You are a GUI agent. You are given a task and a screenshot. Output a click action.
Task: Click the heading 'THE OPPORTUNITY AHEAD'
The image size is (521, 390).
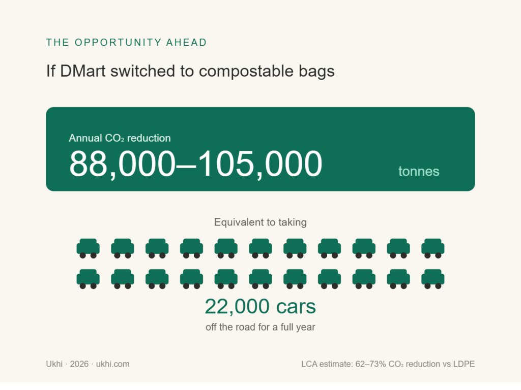(x=126, y=43)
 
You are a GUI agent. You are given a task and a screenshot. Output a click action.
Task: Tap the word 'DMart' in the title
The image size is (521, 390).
(x=83, y=71)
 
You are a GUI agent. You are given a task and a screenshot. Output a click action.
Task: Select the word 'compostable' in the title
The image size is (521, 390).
(x=246, y=72)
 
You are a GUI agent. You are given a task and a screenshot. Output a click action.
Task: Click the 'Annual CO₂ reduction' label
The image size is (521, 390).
(x=120, y=138)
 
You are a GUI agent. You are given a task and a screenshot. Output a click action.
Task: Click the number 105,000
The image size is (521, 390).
(x=259, y=164)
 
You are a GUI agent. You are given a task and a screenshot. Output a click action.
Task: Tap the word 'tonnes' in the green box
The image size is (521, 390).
(x=419, y=172)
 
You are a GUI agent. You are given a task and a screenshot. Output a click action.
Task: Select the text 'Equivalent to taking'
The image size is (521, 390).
(x=260, y=222)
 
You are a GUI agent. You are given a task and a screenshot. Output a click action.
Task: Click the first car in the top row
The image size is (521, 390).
(x=88, y=248)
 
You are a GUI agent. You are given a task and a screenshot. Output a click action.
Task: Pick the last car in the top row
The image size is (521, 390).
(x=433, y=248)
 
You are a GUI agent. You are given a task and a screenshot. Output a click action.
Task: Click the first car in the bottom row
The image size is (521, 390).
(x=88, y=279)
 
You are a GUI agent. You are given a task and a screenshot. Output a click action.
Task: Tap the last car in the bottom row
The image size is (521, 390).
(x=433, y=279)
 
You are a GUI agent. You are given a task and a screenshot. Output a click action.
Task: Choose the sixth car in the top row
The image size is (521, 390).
(x=260, y=248)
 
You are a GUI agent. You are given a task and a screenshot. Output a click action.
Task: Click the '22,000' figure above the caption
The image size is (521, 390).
(x=237, y=306)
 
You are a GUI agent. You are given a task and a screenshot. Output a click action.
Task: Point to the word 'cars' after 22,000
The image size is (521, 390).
(x=296, y=307)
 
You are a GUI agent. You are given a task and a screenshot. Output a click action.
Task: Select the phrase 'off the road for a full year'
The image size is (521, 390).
(x=260, y=328)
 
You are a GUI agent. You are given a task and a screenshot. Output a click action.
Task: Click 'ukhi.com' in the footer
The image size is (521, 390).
(x=112, y=364)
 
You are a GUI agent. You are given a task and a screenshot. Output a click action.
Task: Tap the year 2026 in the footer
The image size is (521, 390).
(x=79, y=364)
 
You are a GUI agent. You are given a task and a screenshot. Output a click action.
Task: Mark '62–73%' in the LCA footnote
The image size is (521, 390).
(x=370, y=364)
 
